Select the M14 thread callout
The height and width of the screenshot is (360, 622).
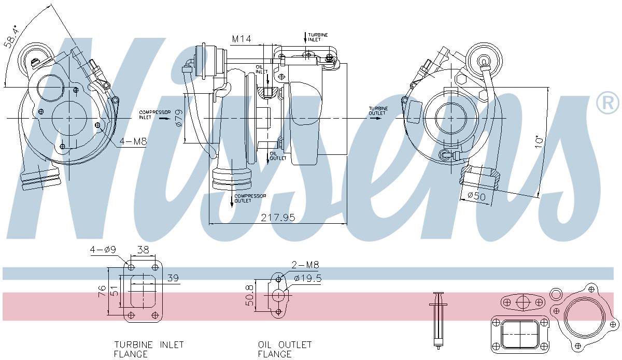pos(242,39)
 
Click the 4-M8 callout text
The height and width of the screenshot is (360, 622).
pos(133,141)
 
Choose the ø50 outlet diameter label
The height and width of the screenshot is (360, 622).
pos(476,196)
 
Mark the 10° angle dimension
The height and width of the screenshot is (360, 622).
pos(540,140)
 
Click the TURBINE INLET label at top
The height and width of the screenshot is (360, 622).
pos(318,37)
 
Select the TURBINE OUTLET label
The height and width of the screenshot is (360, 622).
pos(377,111)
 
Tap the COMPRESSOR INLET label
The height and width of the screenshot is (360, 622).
pos(151,114)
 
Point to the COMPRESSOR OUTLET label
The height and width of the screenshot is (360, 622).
pos(250,198)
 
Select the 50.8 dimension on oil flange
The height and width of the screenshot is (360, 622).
pos(250,296)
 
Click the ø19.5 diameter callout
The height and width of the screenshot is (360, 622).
pos(308,278)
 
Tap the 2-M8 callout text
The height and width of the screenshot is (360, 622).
pos(305,265)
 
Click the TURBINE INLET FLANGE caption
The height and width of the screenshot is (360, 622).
pos(149,349)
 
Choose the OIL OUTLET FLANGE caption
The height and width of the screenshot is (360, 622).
pos(285,349)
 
